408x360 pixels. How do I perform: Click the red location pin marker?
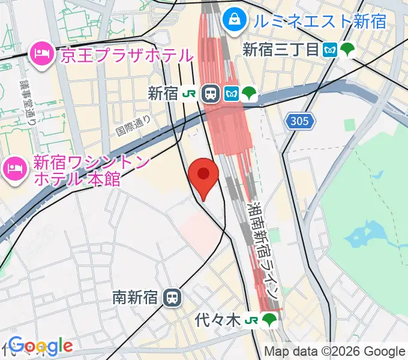click(203, 175)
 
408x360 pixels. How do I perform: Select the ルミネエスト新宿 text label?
click(319, 22)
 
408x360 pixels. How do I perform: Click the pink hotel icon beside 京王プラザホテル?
click(41, 55)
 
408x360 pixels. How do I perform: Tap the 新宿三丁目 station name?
click(280, 50)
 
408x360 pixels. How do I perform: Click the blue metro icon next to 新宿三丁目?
click(329, 50)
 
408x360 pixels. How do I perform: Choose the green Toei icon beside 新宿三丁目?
click(347, 50)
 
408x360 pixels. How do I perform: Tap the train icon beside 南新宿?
click(173, 297)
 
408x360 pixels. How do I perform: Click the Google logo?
click(41, 346)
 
